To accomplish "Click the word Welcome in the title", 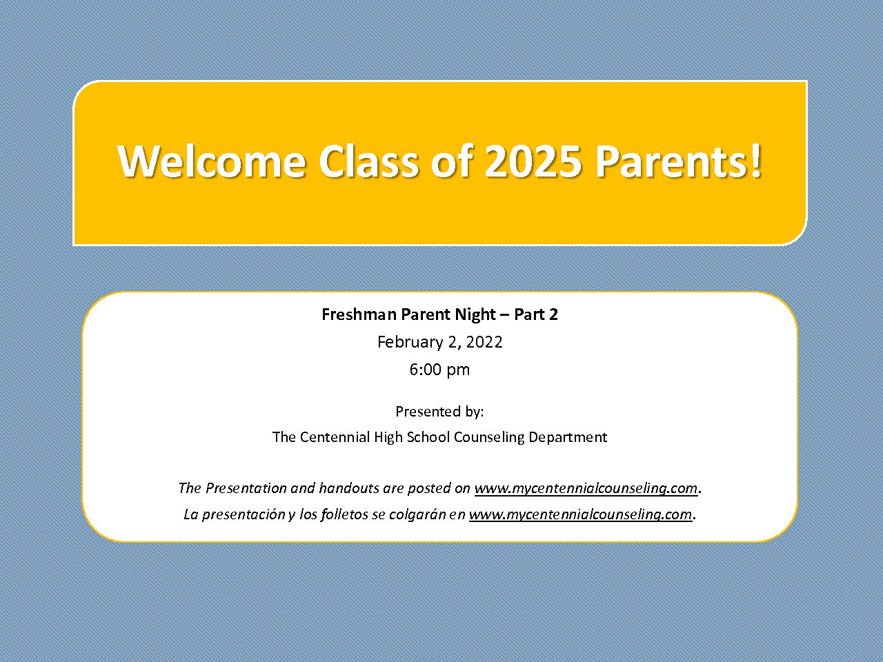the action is (x=211, y=161).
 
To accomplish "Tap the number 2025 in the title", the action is (x=533, y=161).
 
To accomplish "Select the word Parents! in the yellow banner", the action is (x=678, y=161).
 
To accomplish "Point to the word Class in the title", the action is (x=369, y=161).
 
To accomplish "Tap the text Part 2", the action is (x=536, y=314).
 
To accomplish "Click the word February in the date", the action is (x=410, y=343).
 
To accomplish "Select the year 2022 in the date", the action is (x=484, y=342).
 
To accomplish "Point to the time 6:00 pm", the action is (x=439, y=370).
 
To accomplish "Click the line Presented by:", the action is (x=439, y=412).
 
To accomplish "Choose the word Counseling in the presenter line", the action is (x=489, y=438).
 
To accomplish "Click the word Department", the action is (x=568, y=438).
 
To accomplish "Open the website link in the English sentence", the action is (x=586, y=488).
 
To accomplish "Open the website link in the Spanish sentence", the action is (x=580, y=515).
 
